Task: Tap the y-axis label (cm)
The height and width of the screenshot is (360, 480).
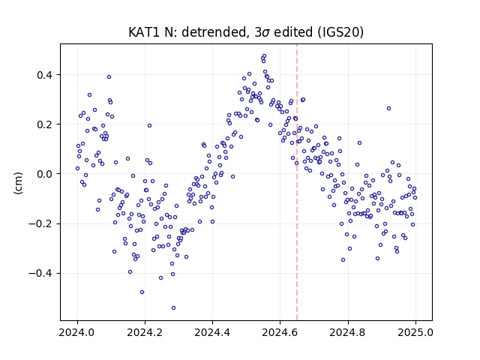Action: point(18,183)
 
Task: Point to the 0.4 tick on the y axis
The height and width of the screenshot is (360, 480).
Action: point(44,75)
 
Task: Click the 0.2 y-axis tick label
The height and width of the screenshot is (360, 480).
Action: point(44,124)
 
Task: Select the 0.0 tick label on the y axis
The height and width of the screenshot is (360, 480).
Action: point(44,174)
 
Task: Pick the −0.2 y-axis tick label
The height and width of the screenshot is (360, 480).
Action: point(40,223)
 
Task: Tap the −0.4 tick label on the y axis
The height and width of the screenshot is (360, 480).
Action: point(40,273)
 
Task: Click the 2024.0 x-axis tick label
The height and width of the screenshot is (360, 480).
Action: point(77,332)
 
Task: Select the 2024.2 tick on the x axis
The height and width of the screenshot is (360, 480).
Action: point(145,332)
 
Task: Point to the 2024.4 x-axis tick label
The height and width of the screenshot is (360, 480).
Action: point(212,332)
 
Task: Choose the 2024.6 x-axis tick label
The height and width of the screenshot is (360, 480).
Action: point(280,332)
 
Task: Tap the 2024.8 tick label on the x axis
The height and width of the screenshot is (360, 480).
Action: point(348,332)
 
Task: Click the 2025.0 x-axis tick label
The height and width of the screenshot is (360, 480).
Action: point(415,332)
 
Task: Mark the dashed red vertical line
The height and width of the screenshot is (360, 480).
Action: point(297,182)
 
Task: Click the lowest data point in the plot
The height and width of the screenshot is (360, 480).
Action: point(173,308)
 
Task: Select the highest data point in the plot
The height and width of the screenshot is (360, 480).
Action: point(265,56)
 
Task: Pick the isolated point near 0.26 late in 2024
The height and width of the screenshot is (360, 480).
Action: point(388,108)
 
